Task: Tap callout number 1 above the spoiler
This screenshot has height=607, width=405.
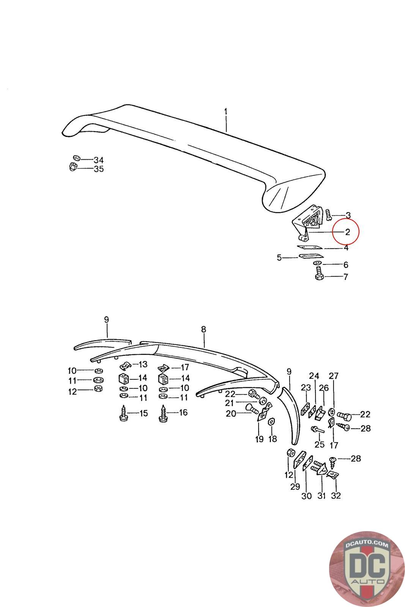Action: point(226,112)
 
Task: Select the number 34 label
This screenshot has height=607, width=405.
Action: point(98,160)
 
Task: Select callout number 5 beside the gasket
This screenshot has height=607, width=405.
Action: point(279,258)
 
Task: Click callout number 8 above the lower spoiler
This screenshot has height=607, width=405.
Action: point(204,329)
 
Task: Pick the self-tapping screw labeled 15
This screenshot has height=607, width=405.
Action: point(124,413)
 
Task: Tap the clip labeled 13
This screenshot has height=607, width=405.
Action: point(126,366)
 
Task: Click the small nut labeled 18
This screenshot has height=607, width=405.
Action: point(271,421)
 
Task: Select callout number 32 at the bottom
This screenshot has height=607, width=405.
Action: point(336,495)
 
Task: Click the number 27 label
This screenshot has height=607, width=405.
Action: point(334,376)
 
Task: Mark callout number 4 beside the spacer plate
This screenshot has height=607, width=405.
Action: point(346,248)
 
